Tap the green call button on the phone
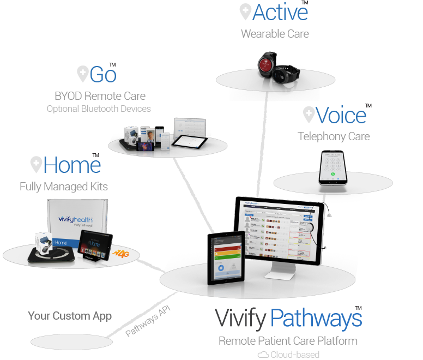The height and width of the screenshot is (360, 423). [333, 175]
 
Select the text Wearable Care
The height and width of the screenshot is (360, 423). [275, 34]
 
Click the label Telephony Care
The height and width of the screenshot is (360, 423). [334, 136]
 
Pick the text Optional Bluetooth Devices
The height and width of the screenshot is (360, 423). [99, 109]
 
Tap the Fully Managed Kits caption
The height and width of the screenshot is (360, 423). [64, 187]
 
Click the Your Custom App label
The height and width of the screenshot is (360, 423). [70, 316]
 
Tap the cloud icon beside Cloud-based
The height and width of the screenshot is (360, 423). [263, 355]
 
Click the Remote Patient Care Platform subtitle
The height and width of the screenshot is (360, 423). [288, 341]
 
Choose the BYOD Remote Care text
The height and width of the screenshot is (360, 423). [100, 96]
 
